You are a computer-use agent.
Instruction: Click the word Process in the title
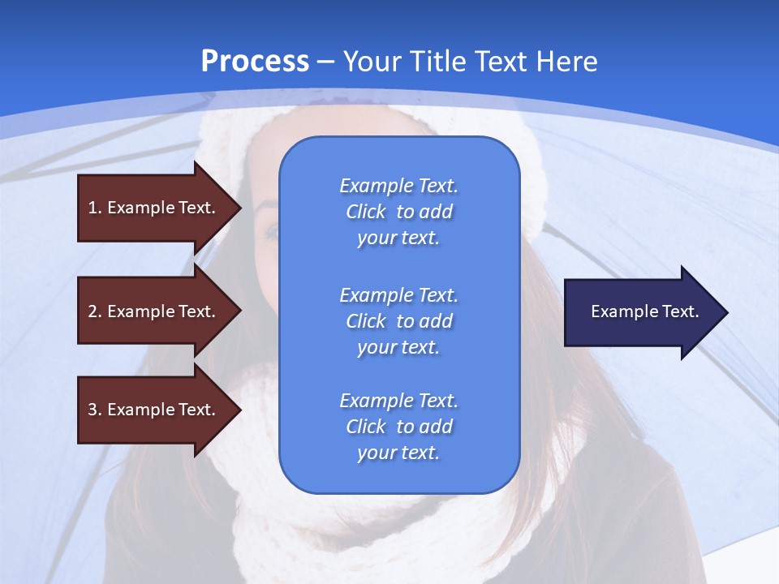255,62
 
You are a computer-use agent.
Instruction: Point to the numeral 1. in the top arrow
94,208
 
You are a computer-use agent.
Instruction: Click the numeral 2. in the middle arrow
94,311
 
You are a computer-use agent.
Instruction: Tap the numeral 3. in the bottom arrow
94,410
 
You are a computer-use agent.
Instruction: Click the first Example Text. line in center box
398,186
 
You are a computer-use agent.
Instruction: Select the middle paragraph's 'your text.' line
398,347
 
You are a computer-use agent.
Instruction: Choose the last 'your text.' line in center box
398,453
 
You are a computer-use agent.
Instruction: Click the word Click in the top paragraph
366,212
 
